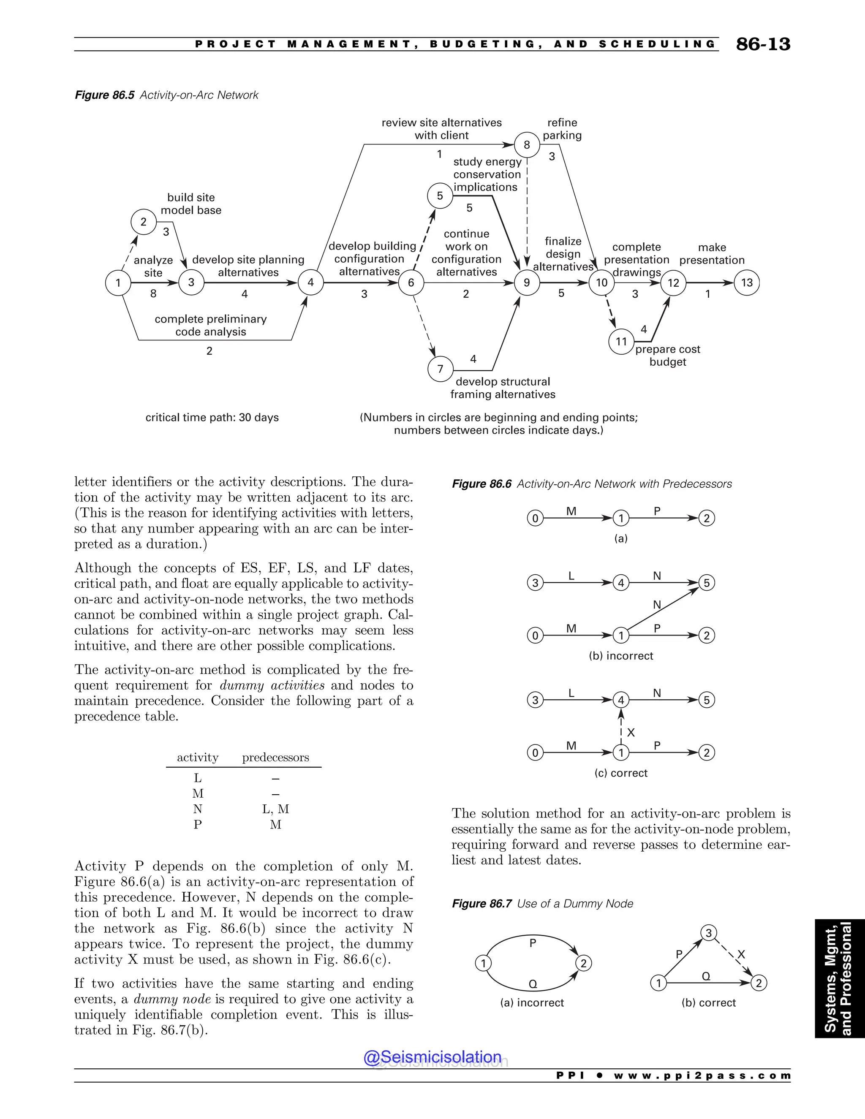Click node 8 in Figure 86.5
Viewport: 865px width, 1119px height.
527,145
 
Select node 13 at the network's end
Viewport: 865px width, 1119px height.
747,282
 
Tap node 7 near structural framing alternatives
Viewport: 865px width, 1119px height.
440,369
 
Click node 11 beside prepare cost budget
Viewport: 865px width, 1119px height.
621,342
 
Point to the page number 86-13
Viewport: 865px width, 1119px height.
763,45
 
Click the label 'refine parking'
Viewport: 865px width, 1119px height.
562,129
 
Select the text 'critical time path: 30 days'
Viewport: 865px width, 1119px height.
212,417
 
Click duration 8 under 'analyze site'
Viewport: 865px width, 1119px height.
153,293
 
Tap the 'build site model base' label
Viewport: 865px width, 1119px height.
191,204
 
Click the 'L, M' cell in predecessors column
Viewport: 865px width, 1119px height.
276,809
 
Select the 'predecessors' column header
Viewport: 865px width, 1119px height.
276,757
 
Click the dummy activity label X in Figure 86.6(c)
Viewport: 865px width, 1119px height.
631,733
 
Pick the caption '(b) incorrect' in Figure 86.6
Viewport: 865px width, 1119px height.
620,656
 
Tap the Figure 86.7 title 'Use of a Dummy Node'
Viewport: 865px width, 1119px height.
575,903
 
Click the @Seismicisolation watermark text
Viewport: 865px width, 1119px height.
432,1057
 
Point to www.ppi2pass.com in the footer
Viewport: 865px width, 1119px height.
702,1076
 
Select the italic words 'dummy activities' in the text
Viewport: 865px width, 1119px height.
272,685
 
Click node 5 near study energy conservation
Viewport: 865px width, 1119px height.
440,196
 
